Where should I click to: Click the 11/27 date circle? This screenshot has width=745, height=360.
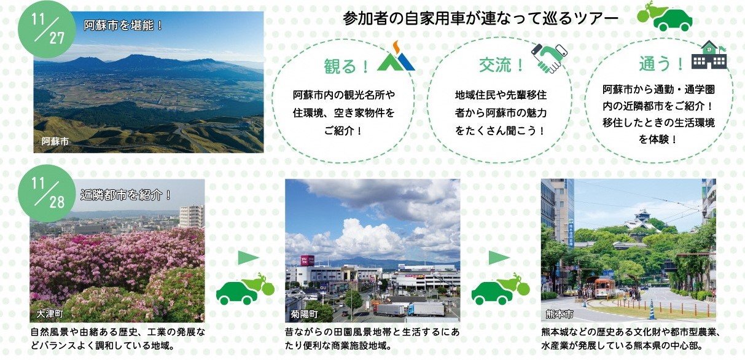point(47,29)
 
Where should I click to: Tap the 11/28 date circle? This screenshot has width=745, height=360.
point(47,193)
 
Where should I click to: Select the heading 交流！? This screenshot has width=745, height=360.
point(501,65)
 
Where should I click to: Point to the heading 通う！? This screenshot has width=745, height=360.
point(661,63)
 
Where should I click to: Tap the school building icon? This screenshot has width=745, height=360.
point(709,55)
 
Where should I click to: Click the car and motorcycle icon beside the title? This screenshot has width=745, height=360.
point(665,17)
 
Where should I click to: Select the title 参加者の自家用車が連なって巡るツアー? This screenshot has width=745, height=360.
point(480,18)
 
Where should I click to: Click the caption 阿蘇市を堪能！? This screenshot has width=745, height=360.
point(123,25)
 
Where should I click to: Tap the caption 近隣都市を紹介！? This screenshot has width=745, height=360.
point(126,195)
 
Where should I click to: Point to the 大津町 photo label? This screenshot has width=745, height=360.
point(50,314)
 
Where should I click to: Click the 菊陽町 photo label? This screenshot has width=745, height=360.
point(304,314)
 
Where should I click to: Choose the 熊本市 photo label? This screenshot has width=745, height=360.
point(560,314)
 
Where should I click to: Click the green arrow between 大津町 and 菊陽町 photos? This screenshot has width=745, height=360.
point(248,258)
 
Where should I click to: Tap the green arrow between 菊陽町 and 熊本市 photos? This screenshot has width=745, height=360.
point(499,258)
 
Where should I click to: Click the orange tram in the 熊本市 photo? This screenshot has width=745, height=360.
point(605,288)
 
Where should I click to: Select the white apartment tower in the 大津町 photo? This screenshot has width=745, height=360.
point(192,216)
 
